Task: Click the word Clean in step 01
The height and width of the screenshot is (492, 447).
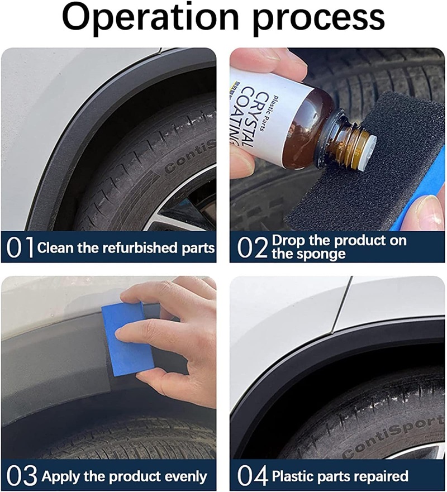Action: pyautogui.click(x=55, y=248)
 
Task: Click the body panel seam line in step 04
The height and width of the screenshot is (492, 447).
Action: pyautogui.click(x=341, y=304)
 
